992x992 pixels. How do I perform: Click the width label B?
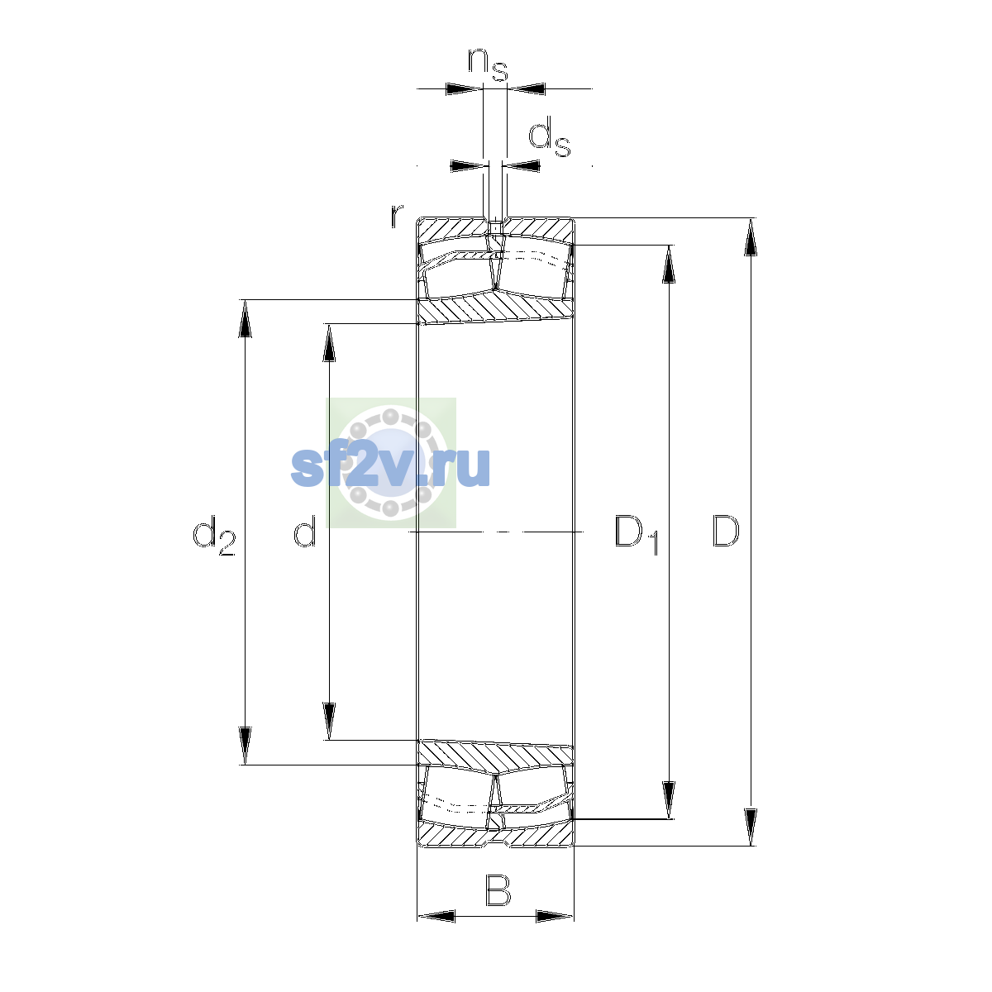(x=498, y=890)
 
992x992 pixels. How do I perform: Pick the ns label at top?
(x=488, y=64)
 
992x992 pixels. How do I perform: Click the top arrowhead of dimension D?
(x=751, y=236)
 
